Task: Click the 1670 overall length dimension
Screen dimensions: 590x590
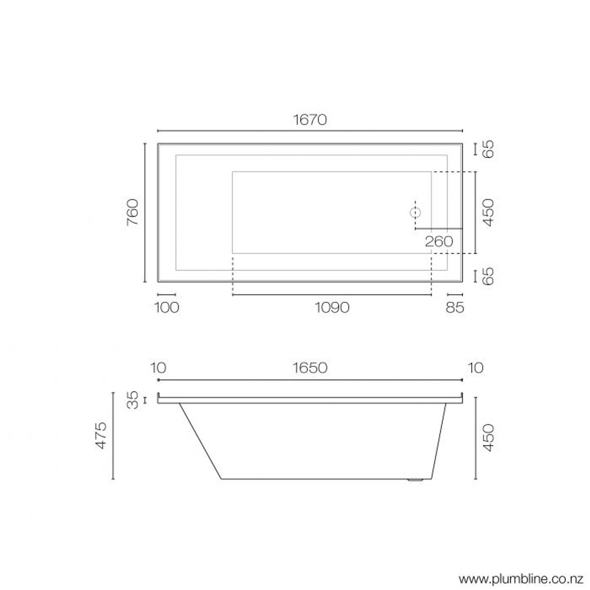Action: click(310, 120)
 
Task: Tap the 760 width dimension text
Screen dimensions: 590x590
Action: click(133, 212)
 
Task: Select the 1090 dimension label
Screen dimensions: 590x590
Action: click(332, 308)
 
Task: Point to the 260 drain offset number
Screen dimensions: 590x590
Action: click(439, 241)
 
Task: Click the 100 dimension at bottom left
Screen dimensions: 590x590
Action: click(167, 308)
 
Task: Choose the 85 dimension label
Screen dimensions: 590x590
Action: click(455, 308)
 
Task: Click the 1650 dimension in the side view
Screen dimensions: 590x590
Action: click(310, 368)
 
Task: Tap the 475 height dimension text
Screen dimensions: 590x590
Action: click(101, 435)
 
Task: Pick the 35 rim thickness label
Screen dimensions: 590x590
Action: click(133, 400)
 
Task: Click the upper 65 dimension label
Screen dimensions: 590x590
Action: click(488, 149)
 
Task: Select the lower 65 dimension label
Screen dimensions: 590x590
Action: click(488, 276)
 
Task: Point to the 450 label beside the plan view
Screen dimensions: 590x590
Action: click(489, 212)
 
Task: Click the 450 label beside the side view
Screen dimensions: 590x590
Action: click(489, 438)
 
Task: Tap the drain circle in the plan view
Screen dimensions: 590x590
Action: click(416, 212)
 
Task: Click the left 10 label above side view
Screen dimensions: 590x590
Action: click(158, 368)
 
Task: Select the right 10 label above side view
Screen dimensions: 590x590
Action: click(476, 368)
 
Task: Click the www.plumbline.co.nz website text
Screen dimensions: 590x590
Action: click(521, 579)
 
